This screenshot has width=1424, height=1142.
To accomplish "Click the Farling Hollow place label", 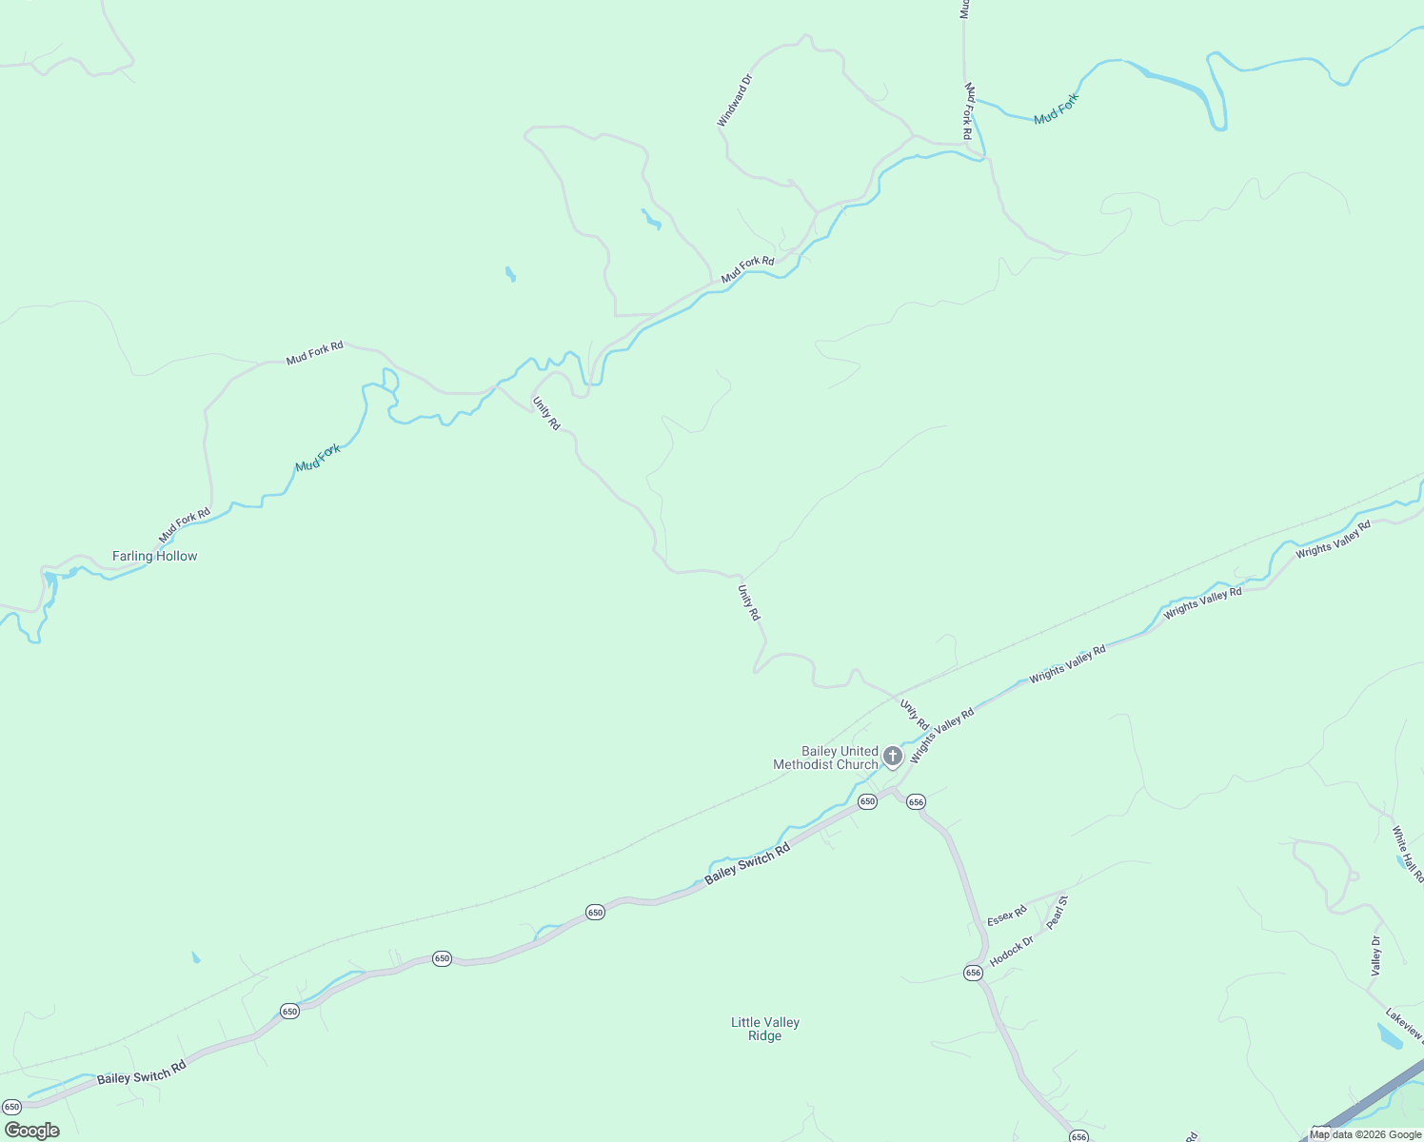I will [154, 556].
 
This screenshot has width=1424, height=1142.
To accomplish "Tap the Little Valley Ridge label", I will [765, 1029].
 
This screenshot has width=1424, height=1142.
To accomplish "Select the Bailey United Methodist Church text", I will [825, 758].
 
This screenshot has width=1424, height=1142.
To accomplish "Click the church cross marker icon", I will [893, 757].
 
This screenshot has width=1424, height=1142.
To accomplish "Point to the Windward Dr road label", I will [734, 101].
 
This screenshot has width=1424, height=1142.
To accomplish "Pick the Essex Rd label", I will [1006, 916].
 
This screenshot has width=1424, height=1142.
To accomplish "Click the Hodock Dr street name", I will [1011, 951].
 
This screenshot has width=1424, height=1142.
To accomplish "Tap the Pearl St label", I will [1058, 912].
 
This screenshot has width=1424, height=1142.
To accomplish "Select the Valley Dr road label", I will [1375, 955].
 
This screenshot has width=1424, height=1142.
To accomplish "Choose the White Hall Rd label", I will [1407, 855].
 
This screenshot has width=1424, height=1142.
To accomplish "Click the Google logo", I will [32, 1131].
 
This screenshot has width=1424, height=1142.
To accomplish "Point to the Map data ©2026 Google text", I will [1365, 1134].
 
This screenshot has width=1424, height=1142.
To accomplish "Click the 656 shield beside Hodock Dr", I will [973, 973].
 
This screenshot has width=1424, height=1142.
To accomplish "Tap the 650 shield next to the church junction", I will [867, 802].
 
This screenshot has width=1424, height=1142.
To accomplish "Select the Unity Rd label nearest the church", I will [914, 715].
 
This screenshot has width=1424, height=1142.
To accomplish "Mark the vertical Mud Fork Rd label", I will [968, 111].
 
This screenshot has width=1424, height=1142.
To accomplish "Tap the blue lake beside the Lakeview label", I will [1389, 1036].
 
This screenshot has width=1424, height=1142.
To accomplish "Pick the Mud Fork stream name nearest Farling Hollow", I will [317, 458].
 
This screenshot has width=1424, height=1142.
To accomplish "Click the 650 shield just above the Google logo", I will [12, 1107].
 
